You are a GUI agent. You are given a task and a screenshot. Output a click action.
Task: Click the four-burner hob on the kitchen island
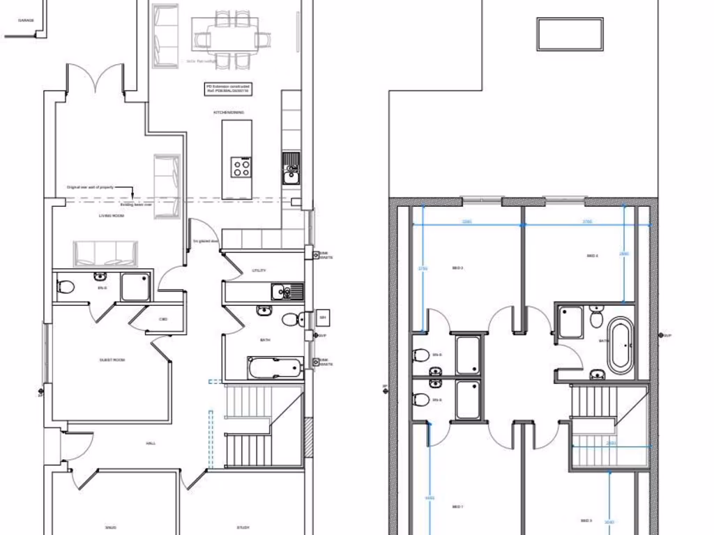242,167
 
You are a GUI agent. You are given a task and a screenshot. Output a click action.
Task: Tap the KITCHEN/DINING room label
228,111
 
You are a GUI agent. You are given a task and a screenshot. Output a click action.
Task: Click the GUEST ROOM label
112,360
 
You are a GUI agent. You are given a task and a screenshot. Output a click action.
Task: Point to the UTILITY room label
259,270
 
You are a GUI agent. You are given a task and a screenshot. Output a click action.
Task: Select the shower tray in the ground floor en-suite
135,286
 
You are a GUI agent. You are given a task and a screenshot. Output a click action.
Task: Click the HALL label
151,443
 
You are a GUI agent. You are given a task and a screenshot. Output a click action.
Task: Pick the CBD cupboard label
163,319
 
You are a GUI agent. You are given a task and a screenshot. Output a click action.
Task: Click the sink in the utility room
287,291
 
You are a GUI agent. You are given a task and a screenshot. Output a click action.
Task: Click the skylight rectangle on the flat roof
570,34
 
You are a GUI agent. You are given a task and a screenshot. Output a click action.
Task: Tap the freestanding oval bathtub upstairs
621,346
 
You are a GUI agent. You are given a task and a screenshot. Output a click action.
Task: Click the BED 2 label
593,256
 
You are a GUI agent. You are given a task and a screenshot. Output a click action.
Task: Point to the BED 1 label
458,506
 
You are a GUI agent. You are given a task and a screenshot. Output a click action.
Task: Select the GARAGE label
26,21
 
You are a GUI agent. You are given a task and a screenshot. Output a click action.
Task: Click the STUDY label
243,527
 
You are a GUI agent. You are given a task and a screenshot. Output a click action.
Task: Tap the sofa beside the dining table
166,36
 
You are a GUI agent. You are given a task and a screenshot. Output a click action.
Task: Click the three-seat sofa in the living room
105,254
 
